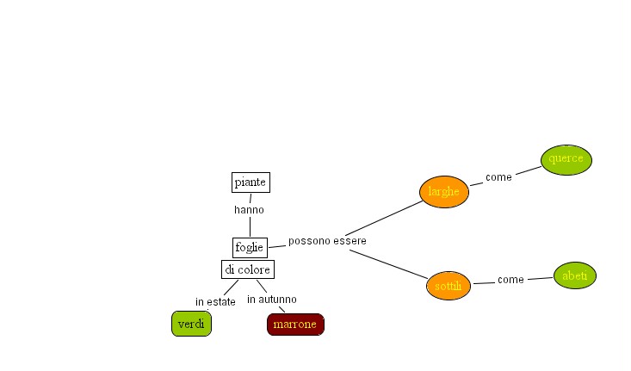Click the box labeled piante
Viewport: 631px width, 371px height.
251,182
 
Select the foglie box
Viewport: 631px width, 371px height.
250,247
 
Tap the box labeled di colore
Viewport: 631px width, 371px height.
247,269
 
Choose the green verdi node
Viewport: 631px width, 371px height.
191,324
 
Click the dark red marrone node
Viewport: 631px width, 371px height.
295,325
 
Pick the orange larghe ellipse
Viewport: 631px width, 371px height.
444,192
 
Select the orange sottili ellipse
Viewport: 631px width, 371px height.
449,285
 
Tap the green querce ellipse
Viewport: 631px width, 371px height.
566,159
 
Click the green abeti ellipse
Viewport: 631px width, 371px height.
574,275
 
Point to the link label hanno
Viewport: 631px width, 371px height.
249,209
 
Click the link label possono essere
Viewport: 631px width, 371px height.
327,241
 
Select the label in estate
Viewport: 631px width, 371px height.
215,302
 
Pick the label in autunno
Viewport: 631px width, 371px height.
272,300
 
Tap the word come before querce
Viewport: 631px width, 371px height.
498,177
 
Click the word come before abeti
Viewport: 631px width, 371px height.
510,280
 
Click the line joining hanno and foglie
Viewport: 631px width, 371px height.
250,226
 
